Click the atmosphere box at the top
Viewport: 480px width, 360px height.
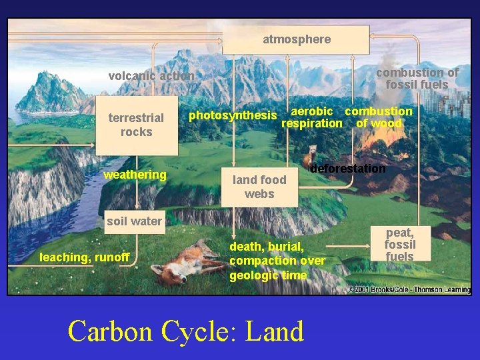click(296, 40)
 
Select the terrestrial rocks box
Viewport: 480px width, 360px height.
click(137, 125)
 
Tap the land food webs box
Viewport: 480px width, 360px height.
click(259, 186)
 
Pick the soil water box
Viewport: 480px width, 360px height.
click(135, 221)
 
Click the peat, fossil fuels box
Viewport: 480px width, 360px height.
click(399, 245)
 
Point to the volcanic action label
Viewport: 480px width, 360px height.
click(151, 76)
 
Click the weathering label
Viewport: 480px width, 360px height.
click(135, 175)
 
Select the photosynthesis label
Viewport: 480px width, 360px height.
click(233, 115)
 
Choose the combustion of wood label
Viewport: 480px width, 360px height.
click(379, 117)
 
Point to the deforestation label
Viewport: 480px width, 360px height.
click(348, 169)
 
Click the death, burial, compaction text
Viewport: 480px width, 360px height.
click(277, 261)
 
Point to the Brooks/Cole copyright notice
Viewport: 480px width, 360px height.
click(409, 289)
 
